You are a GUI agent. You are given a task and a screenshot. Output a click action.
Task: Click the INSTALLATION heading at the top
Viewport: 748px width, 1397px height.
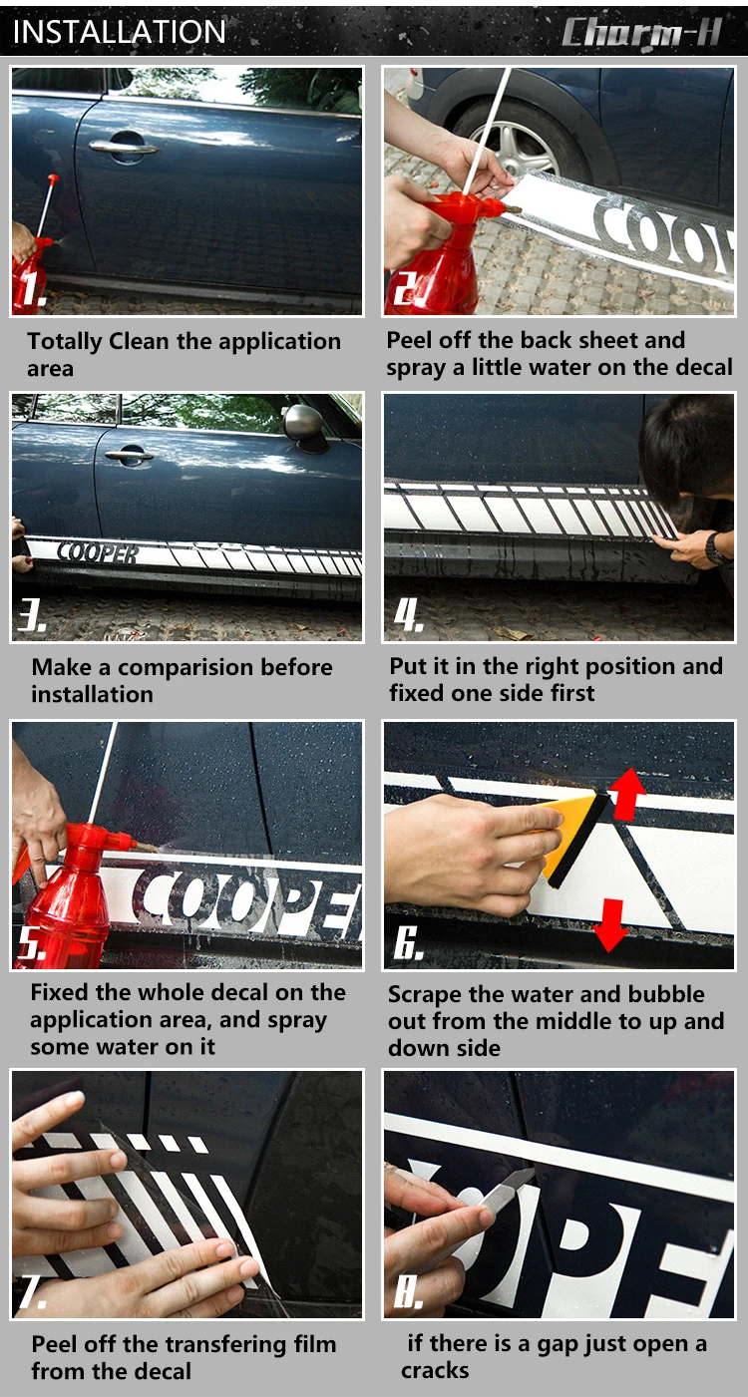(x=119, y=32)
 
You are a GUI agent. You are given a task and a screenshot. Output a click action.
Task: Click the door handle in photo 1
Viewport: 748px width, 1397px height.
(x=124, y=146)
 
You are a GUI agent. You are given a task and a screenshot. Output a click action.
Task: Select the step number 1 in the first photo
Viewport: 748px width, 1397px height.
(x=33, y=288)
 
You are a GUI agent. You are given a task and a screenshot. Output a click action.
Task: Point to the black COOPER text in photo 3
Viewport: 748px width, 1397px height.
(x=97, y=552)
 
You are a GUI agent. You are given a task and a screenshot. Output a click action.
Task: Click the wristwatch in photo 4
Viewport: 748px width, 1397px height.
(x=715, y=548)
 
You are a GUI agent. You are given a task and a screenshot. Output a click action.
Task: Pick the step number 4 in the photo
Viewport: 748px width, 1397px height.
(x=409, y=615)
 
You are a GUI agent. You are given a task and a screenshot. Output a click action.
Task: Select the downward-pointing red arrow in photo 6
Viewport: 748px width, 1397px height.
(x=610, y=925)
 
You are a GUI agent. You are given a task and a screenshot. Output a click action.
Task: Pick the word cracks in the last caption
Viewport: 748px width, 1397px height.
(x=435, y=1370)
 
